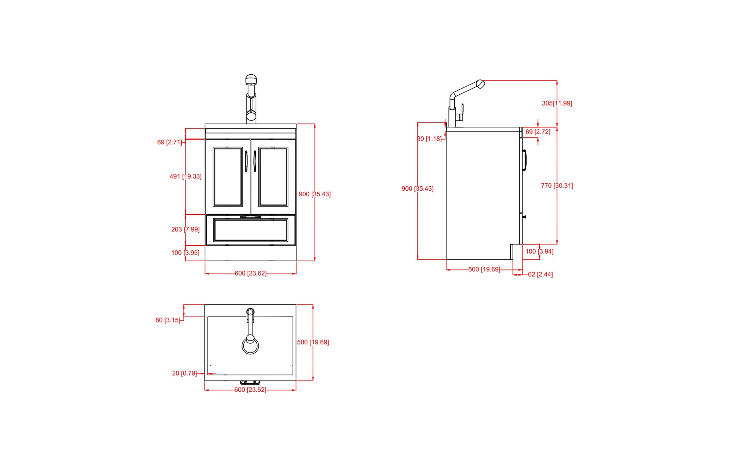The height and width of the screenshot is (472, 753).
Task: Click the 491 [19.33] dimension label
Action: [185, 176]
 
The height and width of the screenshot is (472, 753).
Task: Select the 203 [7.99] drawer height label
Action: [185, 229]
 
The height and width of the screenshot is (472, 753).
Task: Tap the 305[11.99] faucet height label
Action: [557, 103]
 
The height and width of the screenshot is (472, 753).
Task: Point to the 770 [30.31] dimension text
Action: [557, 186]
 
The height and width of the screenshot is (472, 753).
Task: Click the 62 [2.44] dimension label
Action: [540, 274]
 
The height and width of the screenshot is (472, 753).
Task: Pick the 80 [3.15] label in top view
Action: [168, 320]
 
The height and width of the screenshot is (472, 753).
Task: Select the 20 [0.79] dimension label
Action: [184, 373]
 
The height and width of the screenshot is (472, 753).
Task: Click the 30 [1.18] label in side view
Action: [430, 139]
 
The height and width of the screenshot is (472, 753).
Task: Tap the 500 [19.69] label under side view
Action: [484, 269]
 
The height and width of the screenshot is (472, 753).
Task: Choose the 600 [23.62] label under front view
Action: [250, 273]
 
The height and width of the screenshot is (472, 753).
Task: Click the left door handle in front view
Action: [246, 161]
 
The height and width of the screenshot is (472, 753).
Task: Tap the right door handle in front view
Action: [255, 161]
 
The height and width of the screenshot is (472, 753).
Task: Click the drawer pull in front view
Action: [250, 217]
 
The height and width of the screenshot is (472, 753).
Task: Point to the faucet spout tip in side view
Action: [481, 84]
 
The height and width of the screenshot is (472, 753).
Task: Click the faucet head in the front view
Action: [251, 80]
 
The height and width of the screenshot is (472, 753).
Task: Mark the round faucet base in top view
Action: [250, 345]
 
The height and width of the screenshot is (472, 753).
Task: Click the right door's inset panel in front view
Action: [273, 177]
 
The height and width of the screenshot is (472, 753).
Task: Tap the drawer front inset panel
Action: [250, 230]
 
